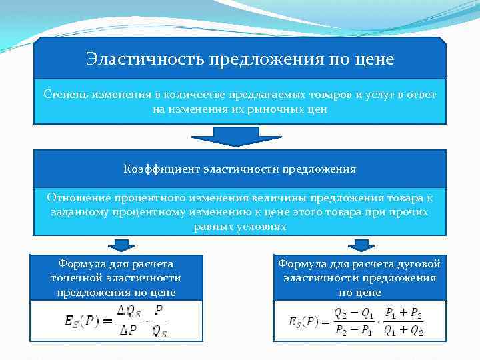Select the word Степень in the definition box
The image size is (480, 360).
65,95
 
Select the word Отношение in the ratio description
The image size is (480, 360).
75,198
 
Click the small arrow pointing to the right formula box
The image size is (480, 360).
361,245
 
